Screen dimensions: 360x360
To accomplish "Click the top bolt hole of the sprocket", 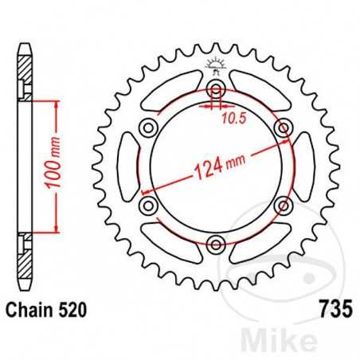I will pyautogui.click(x=214, y=88).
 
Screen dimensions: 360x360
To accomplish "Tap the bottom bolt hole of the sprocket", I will pyautogui.click(x=214, y=244).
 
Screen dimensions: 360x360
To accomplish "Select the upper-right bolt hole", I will pyautogui.click(x=281, y=127).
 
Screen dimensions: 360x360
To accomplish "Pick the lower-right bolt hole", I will pyautogui.click(x=281, y=205).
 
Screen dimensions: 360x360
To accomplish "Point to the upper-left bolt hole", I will pyautogui.click(x=147, y=127).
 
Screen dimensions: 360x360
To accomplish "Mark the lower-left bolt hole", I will pyautogui.click(x=147, y=205).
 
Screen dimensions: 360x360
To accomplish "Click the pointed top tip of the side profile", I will pyautogui.click(x=24, y=34).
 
